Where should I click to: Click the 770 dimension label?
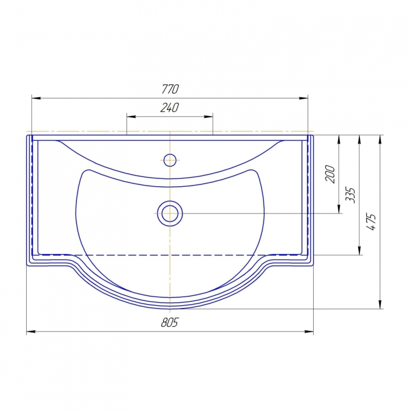170,89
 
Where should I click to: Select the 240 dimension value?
170,108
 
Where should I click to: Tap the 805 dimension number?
169,322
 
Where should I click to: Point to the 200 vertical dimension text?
330,174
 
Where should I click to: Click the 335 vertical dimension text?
350,195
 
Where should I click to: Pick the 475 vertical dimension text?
371,222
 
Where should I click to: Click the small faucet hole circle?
170,160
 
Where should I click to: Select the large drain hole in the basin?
170,214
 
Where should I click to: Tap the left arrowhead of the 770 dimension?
36,98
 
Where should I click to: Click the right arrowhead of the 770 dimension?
304,98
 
